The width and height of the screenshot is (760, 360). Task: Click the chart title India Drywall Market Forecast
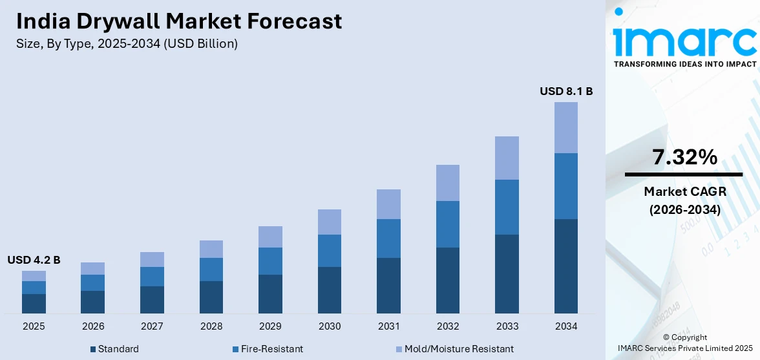[x=179, y=21]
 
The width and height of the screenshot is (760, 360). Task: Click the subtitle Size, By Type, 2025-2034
[x=127, y=44]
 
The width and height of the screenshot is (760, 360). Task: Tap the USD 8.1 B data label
[x=566, y=92]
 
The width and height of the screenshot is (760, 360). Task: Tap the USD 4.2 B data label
[x=34, y=260]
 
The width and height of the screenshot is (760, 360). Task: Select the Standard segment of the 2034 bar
[x=566, y=266]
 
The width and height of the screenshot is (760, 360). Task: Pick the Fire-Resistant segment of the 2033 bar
[x=507, y=207]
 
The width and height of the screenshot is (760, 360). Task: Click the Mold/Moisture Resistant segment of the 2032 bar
[x=448, y=183]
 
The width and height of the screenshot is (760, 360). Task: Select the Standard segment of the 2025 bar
[x=34, y=304]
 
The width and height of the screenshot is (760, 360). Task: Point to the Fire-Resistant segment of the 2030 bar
[x=330, y=251]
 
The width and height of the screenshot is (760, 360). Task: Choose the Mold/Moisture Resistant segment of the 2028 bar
[x=211, y=249]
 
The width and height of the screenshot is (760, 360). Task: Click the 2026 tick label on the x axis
[x=93, y=326]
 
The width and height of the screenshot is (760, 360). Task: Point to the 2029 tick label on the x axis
[x=270, y=326]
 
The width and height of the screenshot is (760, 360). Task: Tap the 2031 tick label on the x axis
[x=388, y=326]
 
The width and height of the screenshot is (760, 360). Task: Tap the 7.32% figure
[x=684, y=156]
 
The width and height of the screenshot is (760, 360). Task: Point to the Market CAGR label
[x=684, y=191]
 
